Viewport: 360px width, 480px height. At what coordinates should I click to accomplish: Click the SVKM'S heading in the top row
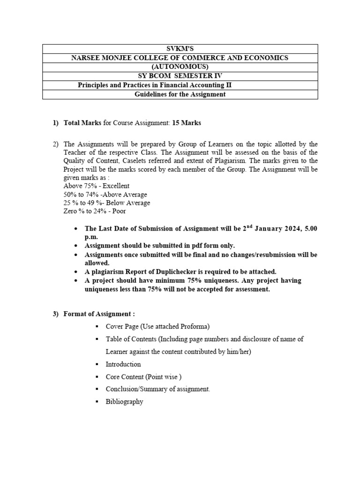(180, 49)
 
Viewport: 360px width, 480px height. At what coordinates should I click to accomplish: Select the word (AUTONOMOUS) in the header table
(180, 67)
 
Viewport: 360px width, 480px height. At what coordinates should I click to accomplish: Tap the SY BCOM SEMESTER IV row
(180, 75)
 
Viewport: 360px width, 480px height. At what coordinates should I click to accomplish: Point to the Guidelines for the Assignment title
(180, 94)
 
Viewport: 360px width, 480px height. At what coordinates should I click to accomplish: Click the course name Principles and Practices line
(154, 85)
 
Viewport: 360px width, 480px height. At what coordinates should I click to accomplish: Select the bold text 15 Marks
(187, 123)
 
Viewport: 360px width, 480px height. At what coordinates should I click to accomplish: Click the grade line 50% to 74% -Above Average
(105, 195)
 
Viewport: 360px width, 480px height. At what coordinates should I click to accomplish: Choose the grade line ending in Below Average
(107, 203)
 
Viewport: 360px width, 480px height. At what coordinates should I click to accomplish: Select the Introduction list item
(123, 364)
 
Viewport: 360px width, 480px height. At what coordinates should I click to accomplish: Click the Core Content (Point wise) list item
(143, 377)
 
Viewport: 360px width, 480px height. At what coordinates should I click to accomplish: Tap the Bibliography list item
(124, 402)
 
